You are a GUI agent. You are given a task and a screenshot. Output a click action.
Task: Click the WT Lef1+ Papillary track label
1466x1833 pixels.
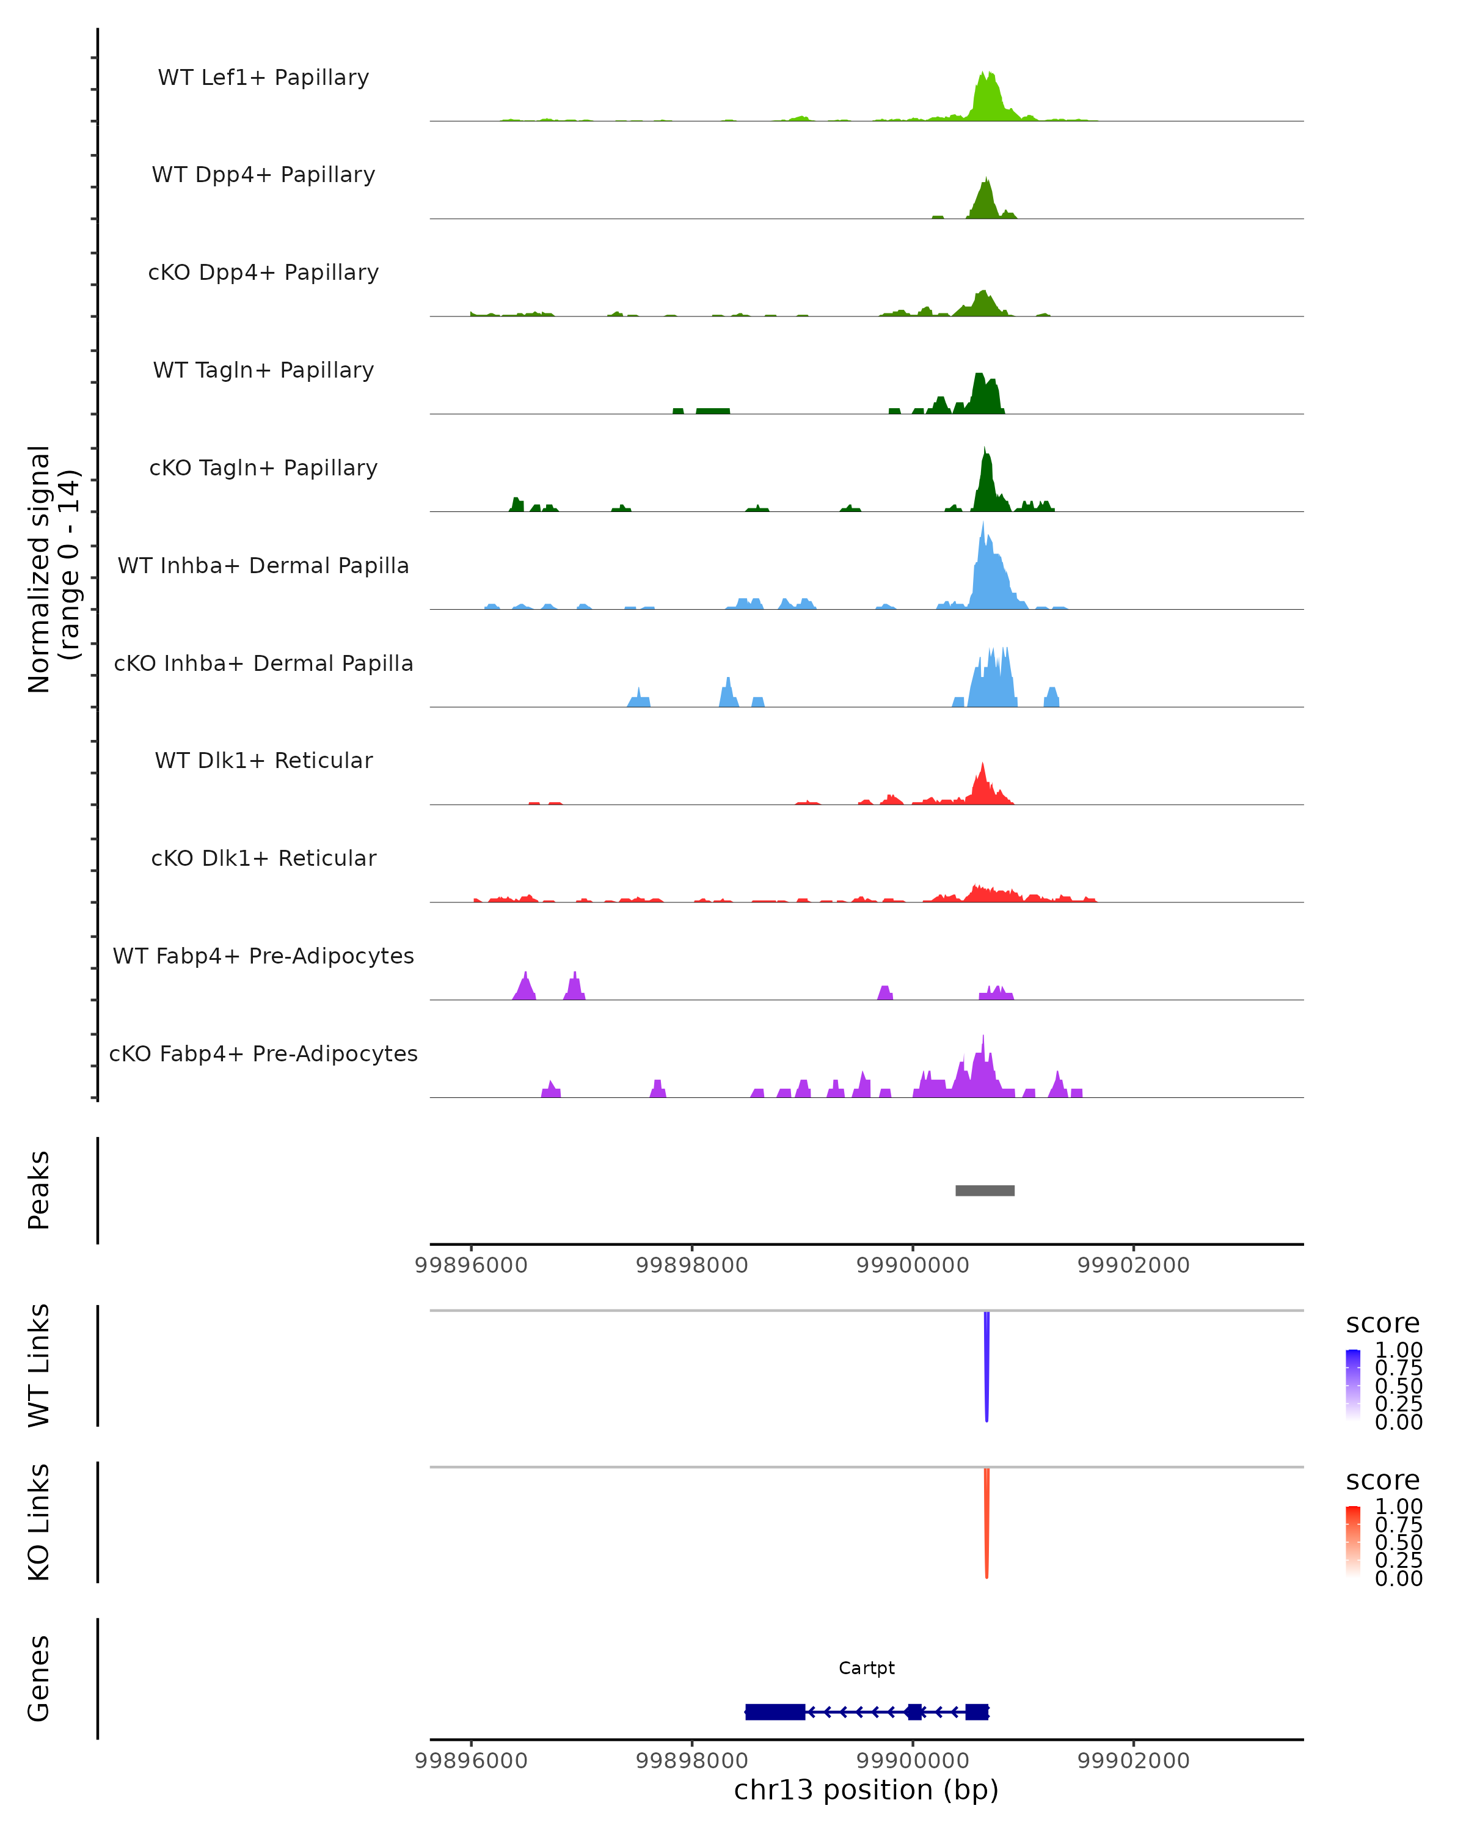tap(263, 78)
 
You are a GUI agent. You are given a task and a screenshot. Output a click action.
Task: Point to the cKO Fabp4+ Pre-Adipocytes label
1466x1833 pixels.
tap(263, 1053)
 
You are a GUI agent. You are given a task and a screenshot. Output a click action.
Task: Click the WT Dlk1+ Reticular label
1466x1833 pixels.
tap(263, 760)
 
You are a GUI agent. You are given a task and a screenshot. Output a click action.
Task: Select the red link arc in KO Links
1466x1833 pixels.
tap(986, 1522)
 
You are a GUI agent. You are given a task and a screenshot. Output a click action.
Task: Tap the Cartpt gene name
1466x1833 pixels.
tap(866, 1668)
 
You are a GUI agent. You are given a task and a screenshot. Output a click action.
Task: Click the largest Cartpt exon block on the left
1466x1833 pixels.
tap(774, 1711)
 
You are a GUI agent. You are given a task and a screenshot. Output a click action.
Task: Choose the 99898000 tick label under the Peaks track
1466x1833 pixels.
tap(692, 1265)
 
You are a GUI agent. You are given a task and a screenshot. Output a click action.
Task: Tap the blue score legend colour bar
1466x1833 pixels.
tap(1353, 1385)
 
